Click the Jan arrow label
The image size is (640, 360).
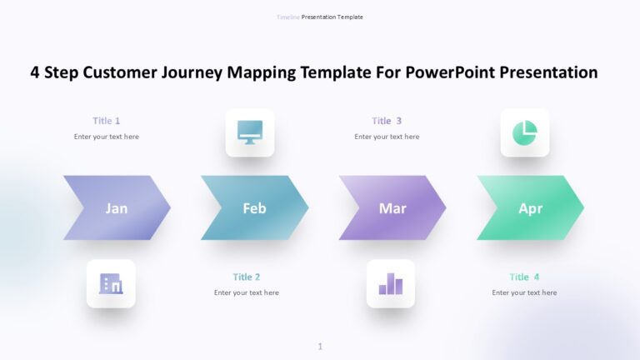point(117,208)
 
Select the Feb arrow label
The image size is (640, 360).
point(254,208)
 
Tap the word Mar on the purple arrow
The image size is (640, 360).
point(392,208)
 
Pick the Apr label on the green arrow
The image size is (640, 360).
point(530,208)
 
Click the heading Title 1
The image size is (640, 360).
point(107,121)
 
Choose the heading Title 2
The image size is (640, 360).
point(247,277)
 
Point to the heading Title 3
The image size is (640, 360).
point(387,121)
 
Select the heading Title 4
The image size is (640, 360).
point(524,277)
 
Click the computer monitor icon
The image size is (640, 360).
point(250,132)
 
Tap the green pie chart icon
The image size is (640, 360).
point(525,132)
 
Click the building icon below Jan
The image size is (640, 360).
point(111,284)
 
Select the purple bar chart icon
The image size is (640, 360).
point(391,284)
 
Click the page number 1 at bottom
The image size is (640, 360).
point(320,347)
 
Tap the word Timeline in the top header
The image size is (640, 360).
point(287,17)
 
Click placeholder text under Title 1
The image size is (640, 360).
point(107,137)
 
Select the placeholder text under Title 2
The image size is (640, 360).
point(247,292)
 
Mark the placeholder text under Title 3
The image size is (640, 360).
point(387,137)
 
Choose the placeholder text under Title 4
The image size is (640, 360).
point(524,292)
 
